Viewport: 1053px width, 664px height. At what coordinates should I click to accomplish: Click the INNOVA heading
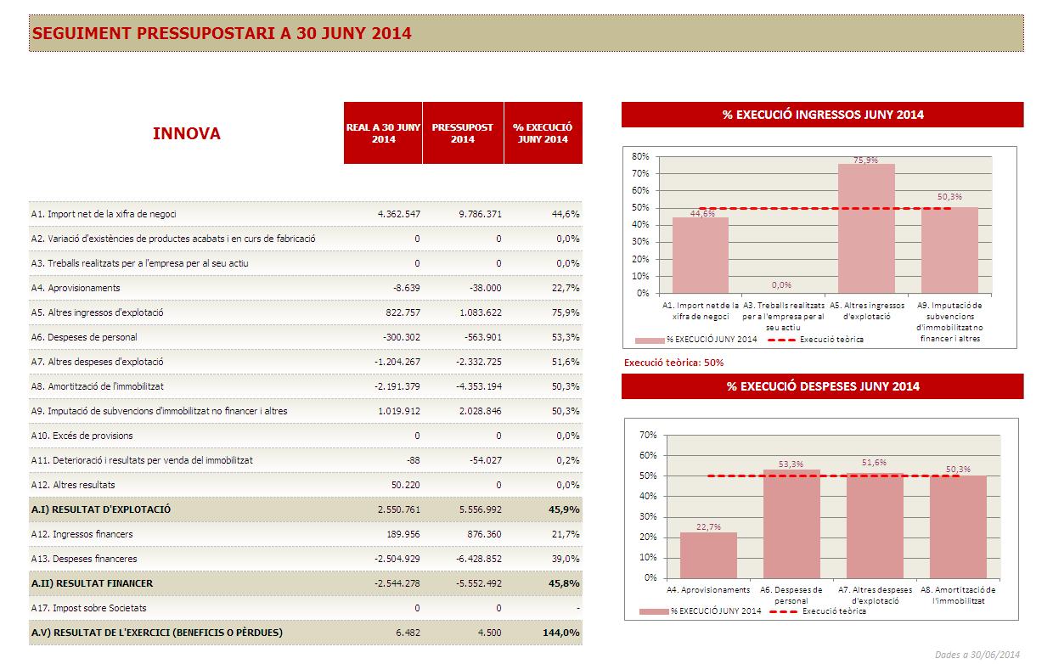tap(186, 133)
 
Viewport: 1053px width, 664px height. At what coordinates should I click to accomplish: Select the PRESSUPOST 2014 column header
tap(462, 133)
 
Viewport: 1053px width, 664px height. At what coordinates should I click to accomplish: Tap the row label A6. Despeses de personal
tap(83, 337)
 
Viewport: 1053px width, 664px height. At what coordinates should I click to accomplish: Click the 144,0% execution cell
tap(560, 633)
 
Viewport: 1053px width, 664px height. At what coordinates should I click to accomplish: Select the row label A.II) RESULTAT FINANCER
tap(92, 583)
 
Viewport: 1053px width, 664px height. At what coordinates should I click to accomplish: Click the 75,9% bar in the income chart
tap(866, 229)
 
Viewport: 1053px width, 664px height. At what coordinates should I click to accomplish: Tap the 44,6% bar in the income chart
tap(701, 255)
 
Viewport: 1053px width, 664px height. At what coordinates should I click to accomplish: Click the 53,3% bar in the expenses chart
tap(791, 524)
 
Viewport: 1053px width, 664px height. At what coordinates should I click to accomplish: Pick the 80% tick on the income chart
tap(641, 156)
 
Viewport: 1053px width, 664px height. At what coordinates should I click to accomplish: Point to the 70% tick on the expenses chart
tap(648, 435)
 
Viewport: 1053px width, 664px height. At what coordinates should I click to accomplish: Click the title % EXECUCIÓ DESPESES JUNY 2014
tap(822, 386)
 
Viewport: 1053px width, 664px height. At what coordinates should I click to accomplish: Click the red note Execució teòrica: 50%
tap(673, 363)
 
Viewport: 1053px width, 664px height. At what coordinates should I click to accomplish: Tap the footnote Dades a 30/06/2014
tap(977, 654)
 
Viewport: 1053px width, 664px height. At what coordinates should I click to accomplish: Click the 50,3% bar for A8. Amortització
tap(958, 526)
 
